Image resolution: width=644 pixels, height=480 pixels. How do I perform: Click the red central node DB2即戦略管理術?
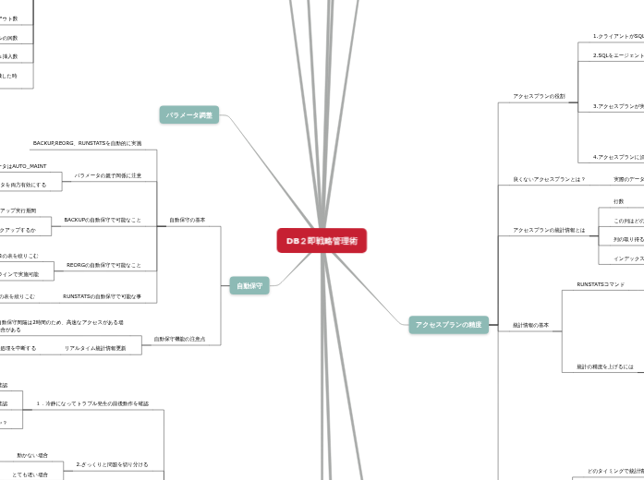[322, 240]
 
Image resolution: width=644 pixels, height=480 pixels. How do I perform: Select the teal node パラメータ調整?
[189, 115]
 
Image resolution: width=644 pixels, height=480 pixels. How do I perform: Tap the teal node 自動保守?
[249, 286]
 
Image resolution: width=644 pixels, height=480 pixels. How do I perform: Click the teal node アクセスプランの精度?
[448, 324]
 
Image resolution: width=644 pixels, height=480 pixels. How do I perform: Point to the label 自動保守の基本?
[188, 220]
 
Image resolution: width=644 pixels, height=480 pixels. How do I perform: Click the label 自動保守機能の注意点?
[179, 339]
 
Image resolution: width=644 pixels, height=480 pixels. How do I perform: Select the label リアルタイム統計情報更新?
[95, 348]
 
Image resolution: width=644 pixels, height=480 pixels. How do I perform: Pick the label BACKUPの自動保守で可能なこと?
[103, 220]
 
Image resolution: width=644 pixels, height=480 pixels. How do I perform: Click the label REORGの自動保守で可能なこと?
[103, 265]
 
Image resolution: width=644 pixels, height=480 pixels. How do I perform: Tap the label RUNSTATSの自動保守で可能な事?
[102, 296]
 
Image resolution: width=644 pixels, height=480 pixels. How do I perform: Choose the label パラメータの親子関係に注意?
[108, 175]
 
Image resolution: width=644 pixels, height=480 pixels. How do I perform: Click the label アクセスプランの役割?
[539, 96]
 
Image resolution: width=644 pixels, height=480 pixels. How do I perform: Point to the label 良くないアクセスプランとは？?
[549, 179]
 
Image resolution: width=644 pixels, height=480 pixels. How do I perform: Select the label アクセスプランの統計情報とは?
[549, 230]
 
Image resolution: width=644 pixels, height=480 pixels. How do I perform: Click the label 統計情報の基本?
[530, 325]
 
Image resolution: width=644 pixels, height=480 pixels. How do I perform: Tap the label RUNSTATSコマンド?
[601, 284]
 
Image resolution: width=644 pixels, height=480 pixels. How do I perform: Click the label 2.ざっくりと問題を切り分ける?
[112, 464]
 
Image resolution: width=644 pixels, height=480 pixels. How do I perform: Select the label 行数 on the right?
[618, 201]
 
